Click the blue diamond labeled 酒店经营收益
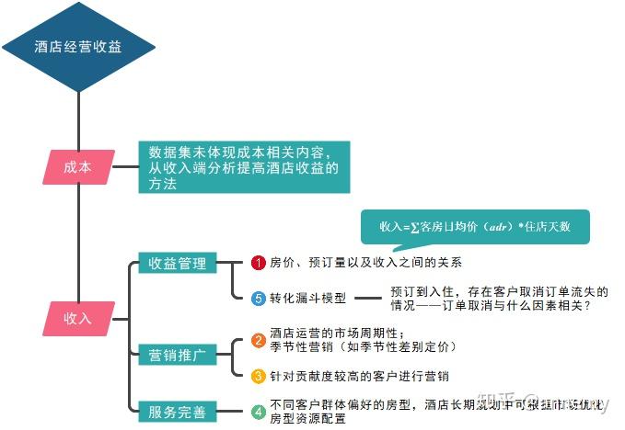pos(77,47)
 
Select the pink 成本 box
pos(78,167)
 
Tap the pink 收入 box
pos(78,318)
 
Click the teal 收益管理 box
pos(178,264)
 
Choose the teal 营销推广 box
pos(178,354)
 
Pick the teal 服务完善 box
pos(178,413)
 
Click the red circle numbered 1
pos(259,263)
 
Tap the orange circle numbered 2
pos(259,341)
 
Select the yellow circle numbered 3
pos(259,376)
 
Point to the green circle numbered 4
pos(259,412)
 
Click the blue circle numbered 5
pos(259,298)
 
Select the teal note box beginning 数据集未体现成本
pos(244,167)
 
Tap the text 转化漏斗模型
pos(307,299)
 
